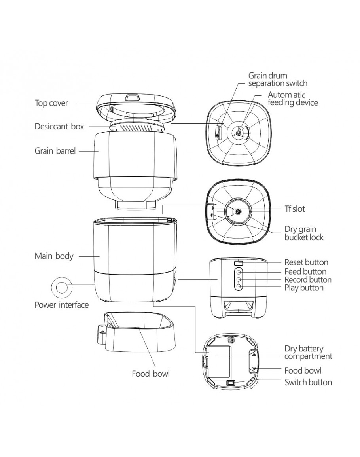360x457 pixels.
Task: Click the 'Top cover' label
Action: (x=51, y=103)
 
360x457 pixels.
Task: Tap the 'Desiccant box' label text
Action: (x=59, y=127)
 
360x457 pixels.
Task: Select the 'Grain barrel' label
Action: (x=55, y=151)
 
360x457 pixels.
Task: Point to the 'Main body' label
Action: (x=54, y=256)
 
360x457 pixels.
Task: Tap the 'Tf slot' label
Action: (x=295, y=209)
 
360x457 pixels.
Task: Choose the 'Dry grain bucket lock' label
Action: (x=304, y=233)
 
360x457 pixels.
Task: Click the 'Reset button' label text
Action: (x=306, y=262)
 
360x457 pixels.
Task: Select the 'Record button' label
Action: (x=308, y=280)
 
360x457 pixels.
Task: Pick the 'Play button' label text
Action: (x=304, y=288)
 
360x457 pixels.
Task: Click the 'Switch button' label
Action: (x=308, y=382)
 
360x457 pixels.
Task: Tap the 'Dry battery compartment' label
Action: (x=308, y=353)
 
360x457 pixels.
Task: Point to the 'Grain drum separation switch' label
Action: (x=277, y=79)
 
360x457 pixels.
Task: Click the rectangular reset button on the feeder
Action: (x=239, y=263)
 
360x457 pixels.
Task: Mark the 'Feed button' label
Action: (x=305, y=271)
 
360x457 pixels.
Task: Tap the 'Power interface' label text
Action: (x=62, y=305)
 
